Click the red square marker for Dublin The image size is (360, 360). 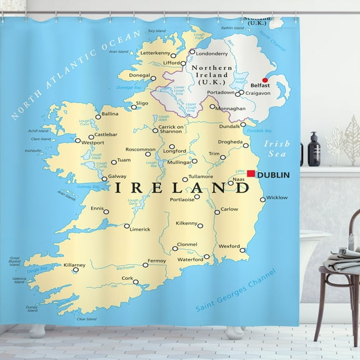[251, 174]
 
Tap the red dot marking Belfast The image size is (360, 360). [264, 80]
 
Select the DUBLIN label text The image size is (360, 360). [273, 175]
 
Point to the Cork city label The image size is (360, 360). [127, 278]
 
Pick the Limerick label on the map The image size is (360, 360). [140, 229]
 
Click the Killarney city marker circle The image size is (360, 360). [76, 270]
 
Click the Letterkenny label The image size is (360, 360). [156, 53]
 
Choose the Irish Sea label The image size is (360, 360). [277, 148]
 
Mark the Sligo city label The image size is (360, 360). [142, 103]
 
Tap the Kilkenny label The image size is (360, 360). [186, 223]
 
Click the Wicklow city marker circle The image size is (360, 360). [264, 188]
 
